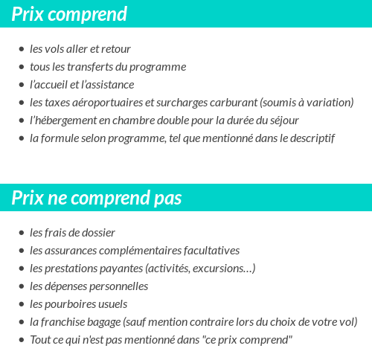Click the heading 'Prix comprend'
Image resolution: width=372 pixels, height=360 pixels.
(69, 14)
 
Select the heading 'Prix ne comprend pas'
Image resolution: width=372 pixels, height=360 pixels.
(97, 198)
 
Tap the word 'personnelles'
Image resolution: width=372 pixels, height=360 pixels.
(118, 286)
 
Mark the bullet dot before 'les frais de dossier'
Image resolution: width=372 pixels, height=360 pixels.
(22, 233)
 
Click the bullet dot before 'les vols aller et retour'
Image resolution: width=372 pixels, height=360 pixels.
(22, 49)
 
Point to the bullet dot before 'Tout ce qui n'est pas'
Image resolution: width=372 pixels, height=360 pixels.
(22, 340)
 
